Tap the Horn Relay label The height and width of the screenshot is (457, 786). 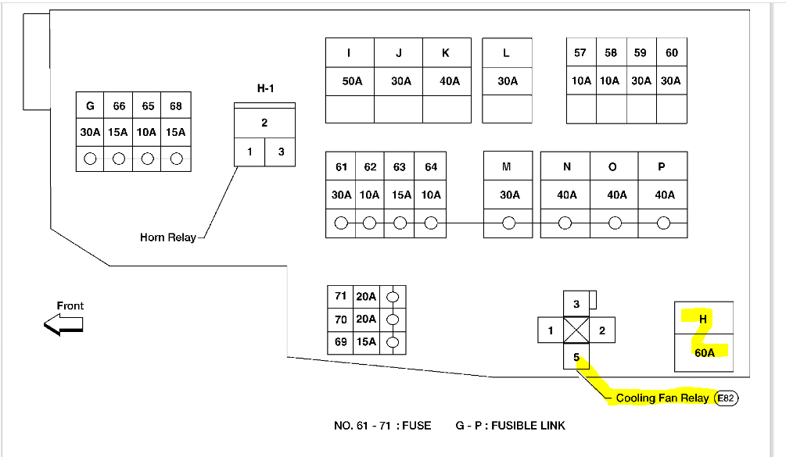click(x=168, y=237)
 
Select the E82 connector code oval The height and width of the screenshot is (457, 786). click(x=726, y=398)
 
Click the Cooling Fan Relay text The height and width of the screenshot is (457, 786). click(x=662, y=398)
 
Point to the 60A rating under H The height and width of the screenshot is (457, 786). click(x=704, y=353)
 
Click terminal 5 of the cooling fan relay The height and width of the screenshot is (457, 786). click(x=576, y=357)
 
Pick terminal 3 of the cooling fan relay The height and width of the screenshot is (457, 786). click(x=576, y=304)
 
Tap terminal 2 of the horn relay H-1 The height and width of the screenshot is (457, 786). click(x=264, y=123)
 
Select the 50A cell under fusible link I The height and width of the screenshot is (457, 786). click(x=351, y=81)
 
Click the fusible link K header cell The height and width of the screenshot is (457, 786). click(x=447, y=53)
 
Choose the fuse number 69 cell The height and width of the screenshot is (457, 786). click(x=340, y=342)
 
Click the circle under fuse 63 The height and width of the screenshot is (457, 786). click(x=400, y=223)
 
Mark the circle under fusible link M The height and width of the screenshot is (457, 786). click(x=508, y=223)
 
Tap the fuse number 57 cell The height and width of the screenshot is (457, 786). click(x=580, y=53)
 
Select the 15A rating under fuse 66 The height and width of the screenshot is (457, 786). click(x=119, y=132)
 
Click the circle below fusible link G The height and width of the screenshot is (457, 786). click(x=90, y=159)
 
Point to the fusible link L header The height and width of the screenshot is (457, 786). click(x=507, y=53)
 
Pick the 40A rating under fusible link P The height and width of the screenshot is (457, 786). click(x=664, y=195)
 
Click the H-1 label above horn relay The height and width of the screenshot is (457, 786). click(x=265, y=88)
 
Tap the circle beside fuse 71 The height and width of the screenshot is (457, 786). click(x=393, y=296)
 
